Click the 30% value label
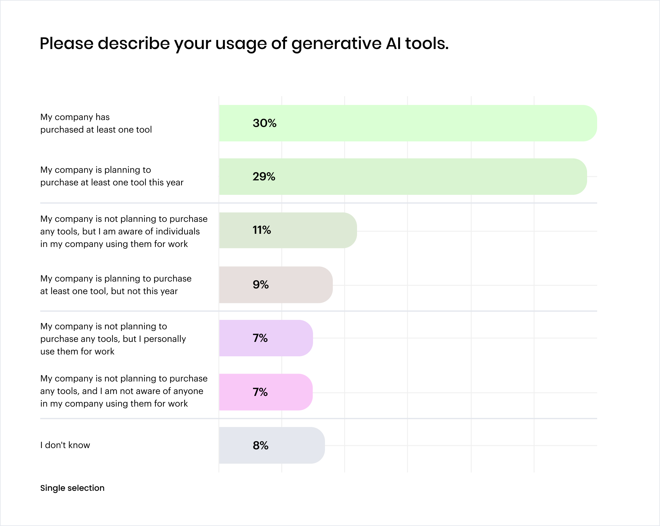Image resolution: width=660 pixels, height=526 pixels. click(264, 123)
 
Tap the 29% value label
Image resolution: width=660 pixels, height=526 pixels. click(264, 177)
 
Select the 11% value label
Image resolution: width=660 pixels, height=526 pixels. click(261, 230)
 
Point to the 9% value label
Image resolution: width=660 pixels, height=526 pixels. click(261, 284)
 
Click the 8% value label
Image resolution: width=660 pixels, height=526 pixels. click(261, 445)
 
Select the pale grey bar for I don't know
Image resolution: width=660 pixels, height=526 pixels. click(272, 445)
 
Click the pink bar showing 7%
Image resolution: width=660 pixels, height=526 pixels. click(266, 392)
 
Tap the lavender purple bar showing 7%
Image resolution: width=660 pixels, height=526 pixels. click(266, 338)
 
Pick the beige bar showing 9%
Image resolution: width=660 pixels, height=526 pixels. click(276, 285)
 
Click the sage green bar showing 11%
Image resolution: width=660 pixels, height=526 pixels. click(288, 230)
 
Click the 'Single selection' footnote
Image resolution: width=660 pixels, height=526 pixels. click(72, 488)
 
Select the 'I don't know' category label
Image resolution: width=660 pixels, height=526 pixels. click(65, 445)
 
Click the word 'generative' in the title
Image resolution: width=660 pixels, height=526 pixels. click(336, 44)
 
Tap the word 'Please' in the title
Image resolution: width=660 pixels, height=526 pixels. click(67, 43)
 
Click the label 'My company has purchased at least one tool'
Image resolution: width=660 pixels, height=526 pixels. click(96, 123)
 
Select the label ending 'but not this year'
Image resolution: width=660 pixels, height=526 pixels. click(116, 285)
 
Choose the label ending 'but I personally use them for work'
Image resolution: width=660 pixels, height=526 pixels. click(113, 339)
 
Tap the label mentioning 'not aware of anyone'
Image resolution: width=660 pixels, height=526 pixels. click(124, 391)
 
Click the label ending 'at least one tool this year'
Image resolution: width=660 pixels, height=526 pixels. click(112, 176)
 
